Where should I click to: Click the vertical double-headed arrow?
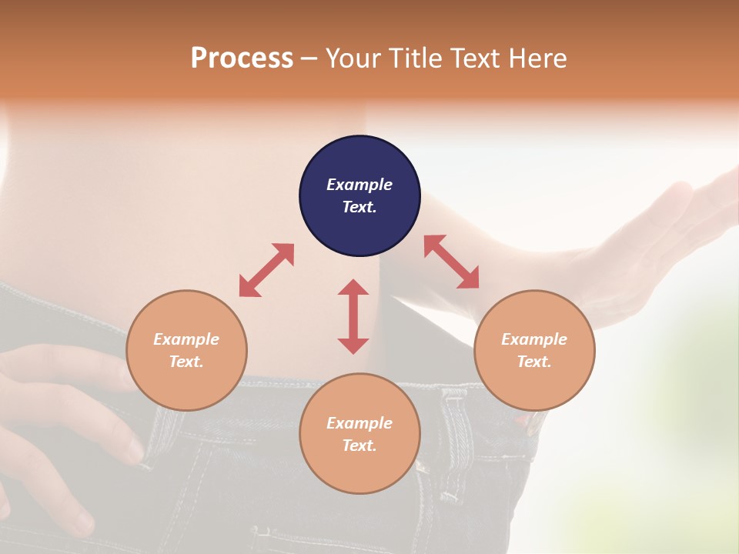tap(353, 316)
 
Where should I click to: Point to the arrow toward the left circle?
tap(266, 270)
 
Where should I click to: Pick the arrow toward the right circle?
tap(452, 262)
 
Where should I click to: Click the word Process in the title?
tap(242, 58)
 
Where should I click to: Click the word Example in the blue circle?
tap(359, 185)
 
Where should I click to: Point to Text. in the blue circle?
tap(359, 207)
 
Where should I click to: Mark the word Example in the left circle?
tap(186, 339)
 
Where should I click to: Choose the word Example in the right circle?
tap(534, 339)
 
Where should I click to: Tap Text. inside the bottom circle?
tap(359, 446)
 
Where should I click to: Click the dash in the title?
tap(309, 59)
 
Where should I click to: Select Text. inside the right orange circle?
tap(534, 362)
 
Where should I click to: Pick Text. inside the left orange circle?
tap(186, 362)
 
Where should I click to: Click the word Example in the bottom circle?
tap(359, 423)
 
